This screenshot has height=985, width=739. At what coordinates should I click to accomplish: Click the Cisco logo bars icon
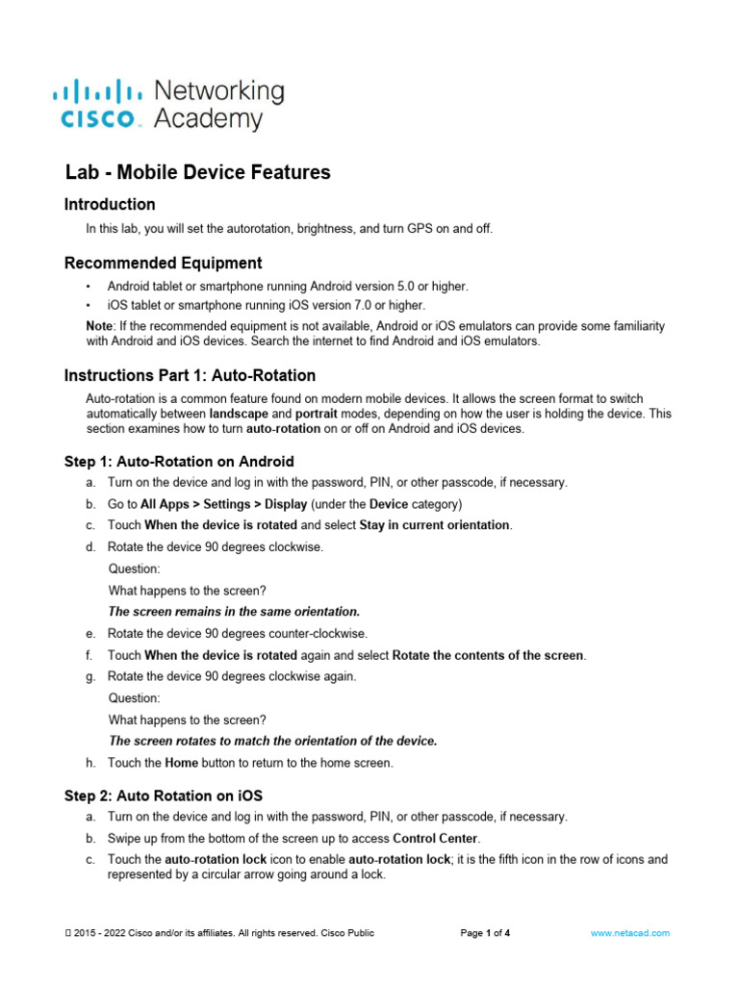click(x=97, y=93)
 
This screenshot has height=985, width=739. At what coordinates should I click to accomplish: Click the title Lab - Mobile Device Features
click(x=197, y=172)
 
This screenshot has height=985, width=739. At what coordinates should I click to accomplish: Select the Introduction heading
click(x=109, y=204)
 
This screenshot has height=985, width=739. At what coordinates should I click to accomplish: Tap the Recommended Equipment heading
click(x=163, y=263)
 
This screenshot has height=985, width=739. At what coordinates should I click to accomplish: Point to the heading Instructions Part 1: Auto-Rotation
click(x=190, y=375)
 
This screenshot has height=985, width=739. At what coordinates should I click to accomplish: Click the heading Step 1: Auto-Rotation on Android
click(x=179, y=462)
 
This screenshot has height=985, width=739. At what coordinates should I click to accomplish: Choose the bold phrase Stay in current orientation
click(x=435, y=525)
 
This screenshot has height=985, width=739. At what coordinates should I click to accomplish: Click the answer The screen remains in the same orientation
click(x=234, y=611)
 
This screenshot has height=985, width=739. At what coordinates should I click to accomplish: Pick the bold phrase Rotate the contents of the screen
click(x=488, y=655)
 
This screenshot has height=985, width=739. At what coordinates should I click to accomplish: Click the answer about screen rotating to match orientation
click(x=273, y=741)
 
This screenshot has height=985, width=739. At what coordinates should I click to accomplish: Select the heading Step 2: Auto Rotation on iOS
click(x=163, y=796)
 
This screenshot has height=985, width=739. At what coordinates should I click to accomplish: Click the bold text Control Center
click(x=436, y=838)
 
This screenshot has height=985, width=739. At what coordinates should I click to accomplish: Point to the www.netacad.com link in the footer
click(x=631, y=933)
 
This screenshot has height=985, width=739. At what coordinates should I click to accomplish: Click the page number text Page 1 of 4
click(x=485, y=933)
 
